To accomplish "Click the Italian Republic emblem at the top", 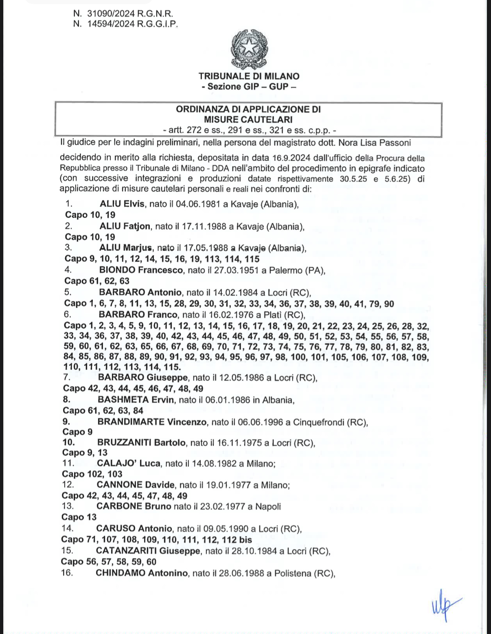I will pos(249,49).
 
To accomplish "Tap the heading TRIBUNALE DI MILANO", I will pos(249,76).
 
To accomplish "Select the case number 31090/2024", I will pos(111,13).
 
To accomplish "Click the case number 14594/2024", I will pos(111,24).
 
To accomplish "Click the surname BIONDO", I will pos(117,270).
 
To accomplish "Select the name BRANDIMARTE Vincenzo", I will pos(152,422).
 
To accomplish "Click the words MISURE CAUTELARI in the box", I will pos(248,120).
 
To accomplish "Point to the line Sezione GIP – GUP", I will pos(249,86).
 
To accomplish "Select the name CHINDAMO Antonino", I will pos(142,573).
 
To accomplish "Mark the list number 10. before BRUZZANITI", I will pos(68,442).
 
